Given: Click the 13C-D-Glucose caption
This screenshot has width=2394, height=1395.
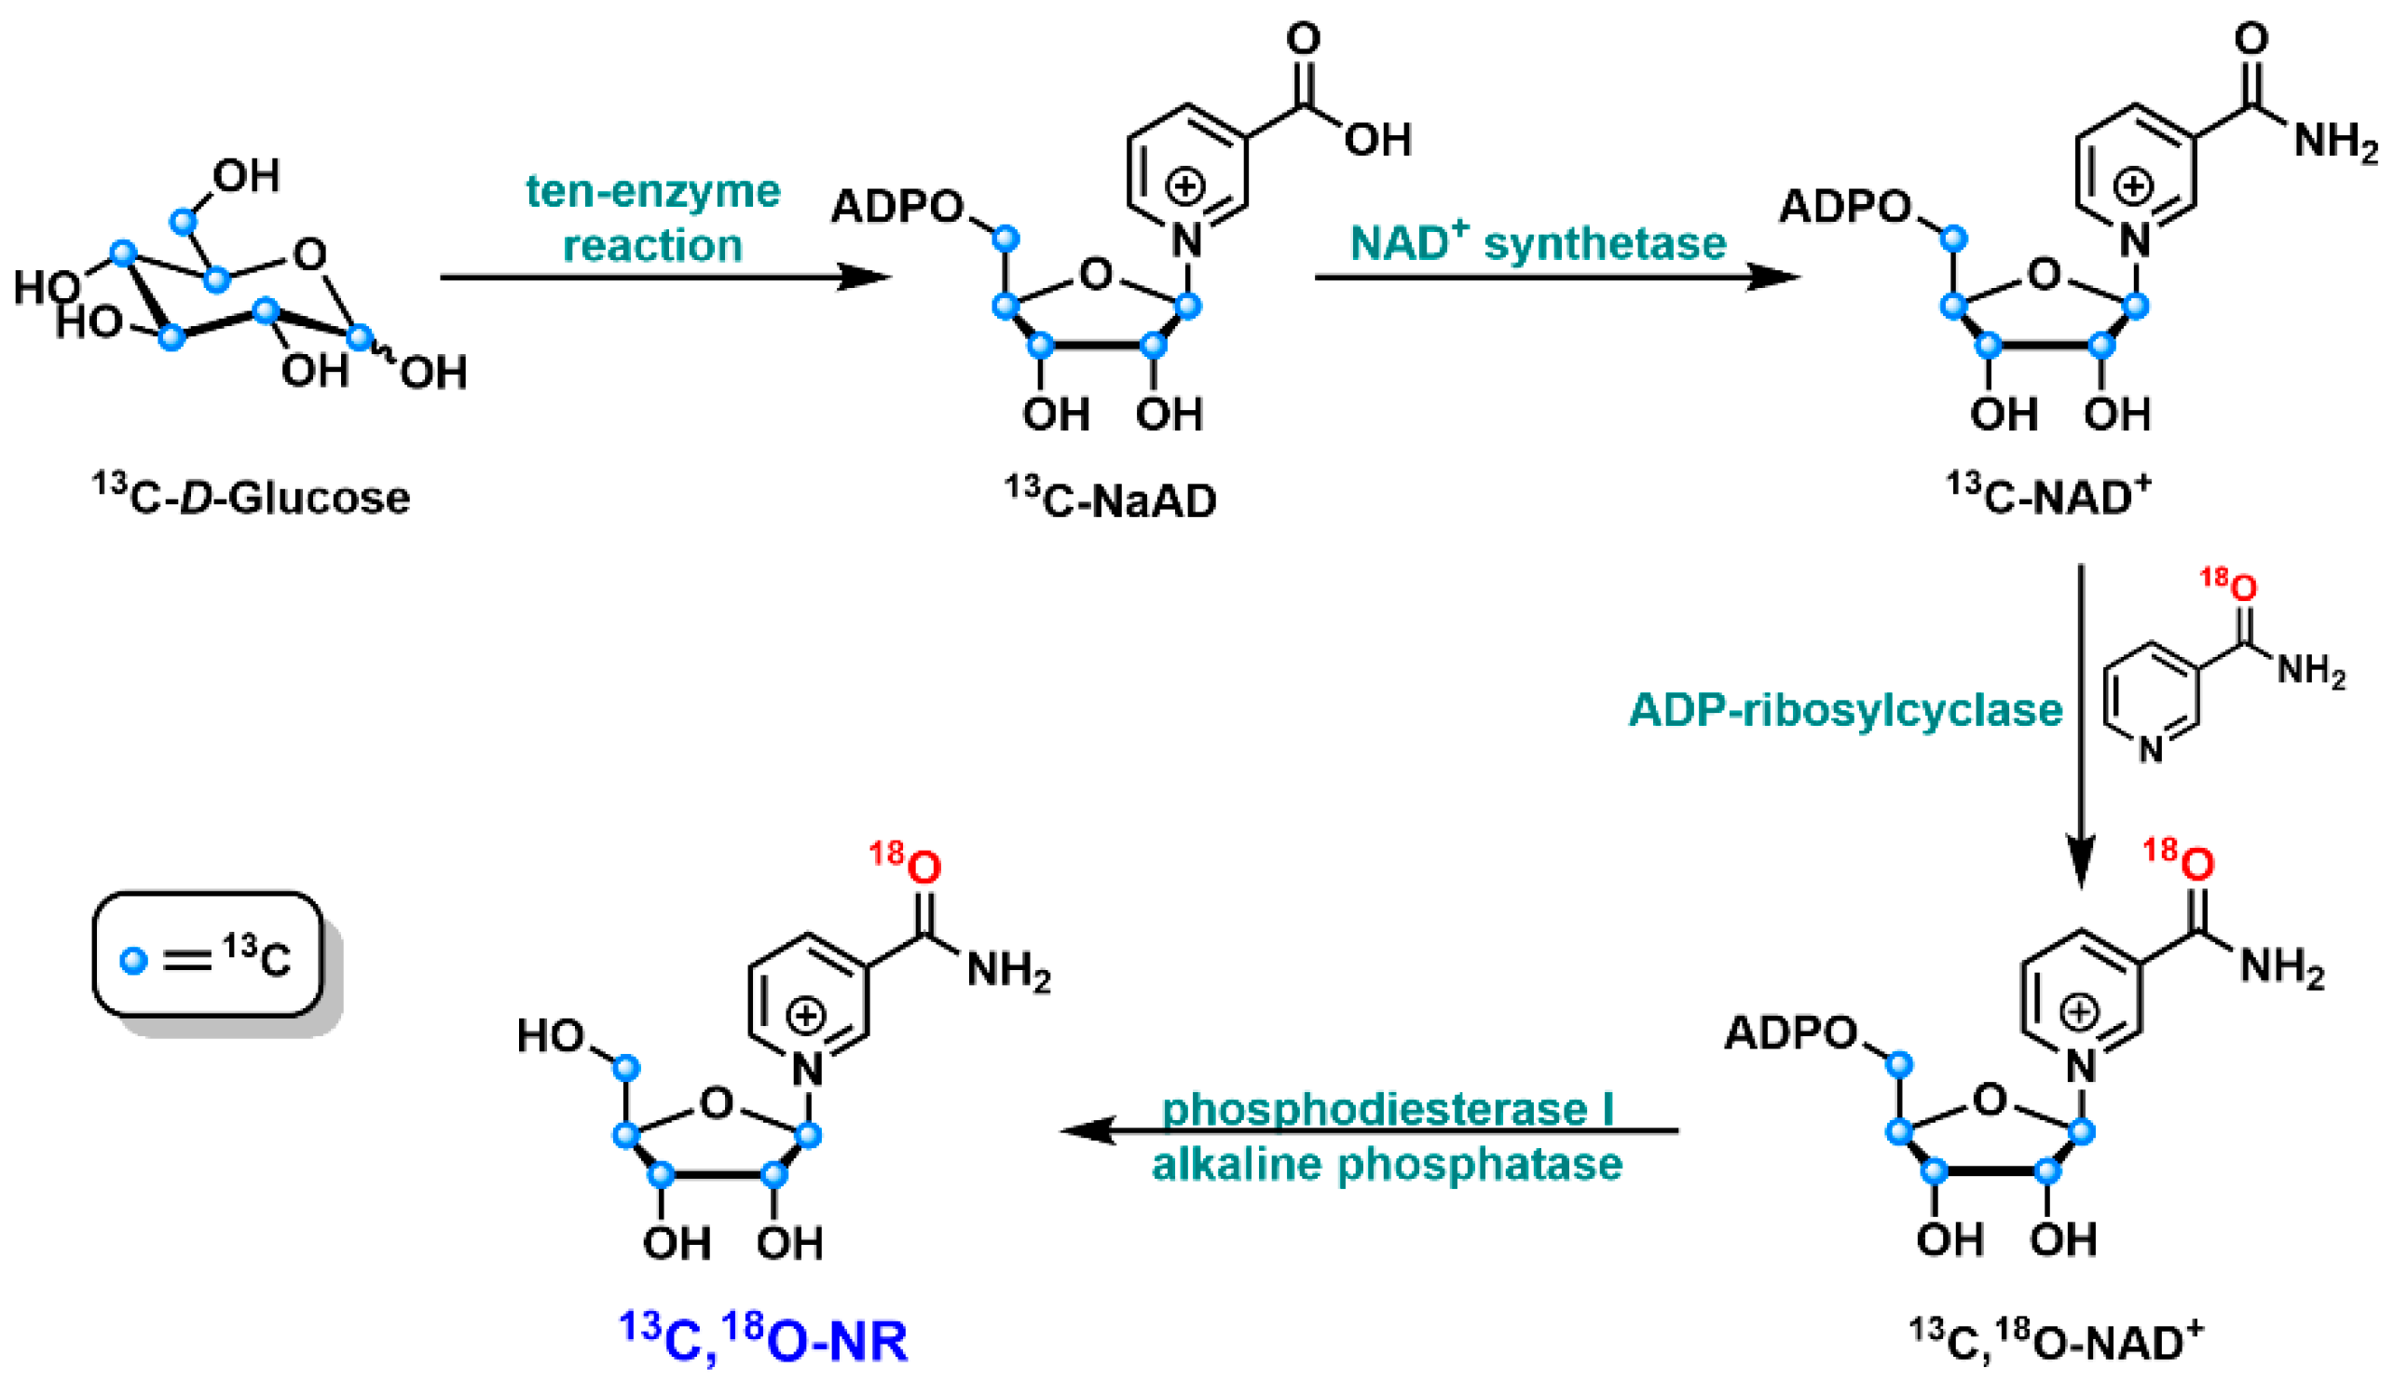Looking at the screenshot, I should click(x=252, y=498).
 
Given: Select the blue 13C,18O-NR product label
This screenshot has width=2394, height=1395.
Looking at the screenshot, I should click(x=765, y=1340).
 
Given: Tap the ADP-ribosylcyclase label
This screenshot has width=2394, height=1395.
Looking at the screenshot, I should click(x=1844, y=710).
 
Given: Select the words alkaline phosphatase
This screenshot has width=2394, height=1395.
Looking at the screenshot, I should click(x=1387, y=1164).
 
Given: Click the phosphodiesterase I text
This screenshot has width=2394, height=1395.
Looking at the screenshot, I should click(x=1387, y=1108).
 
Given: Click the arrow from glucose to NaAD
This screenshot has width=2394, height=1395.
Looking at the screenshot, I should click(x=665, y=278).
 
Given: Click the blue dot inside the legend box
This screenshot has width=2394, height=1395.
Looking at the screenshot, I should click(x=134, y=961).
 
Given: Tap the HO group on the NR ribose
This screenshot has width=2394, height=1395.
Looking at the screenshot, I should click(x=550, y=1036).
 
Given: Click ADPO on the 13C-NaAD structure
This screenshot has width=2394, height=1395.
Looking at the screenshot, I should click(x=896, y=206).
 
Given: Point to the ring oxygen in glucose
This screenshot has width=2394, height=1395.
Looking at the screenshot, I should click(x=309, y=253).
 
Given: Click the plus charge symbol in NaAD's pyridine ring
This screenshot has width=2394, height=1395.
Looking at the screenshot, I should click(x=1184, y=186).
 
